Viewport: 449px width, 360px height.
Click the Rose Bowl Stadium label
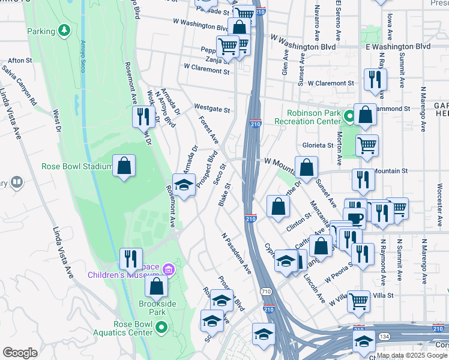76,167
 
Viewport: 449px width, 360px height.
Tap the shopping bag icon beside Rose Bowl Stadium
124,166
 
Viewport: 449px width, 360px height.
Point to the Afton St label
20,61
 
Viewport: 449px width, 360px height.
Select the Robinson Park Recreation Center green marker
349,113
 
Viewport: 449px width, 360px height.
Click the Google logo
20,353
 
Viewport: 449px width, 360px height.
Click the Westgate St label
212,110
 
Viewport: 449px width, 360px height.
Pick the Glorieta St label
318,145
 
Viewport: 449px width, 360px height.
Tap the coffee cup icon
355,218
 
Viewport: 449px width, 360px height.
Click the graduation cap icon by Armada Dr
184,184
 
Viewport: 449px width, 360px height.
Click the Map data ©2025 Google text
412,355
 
